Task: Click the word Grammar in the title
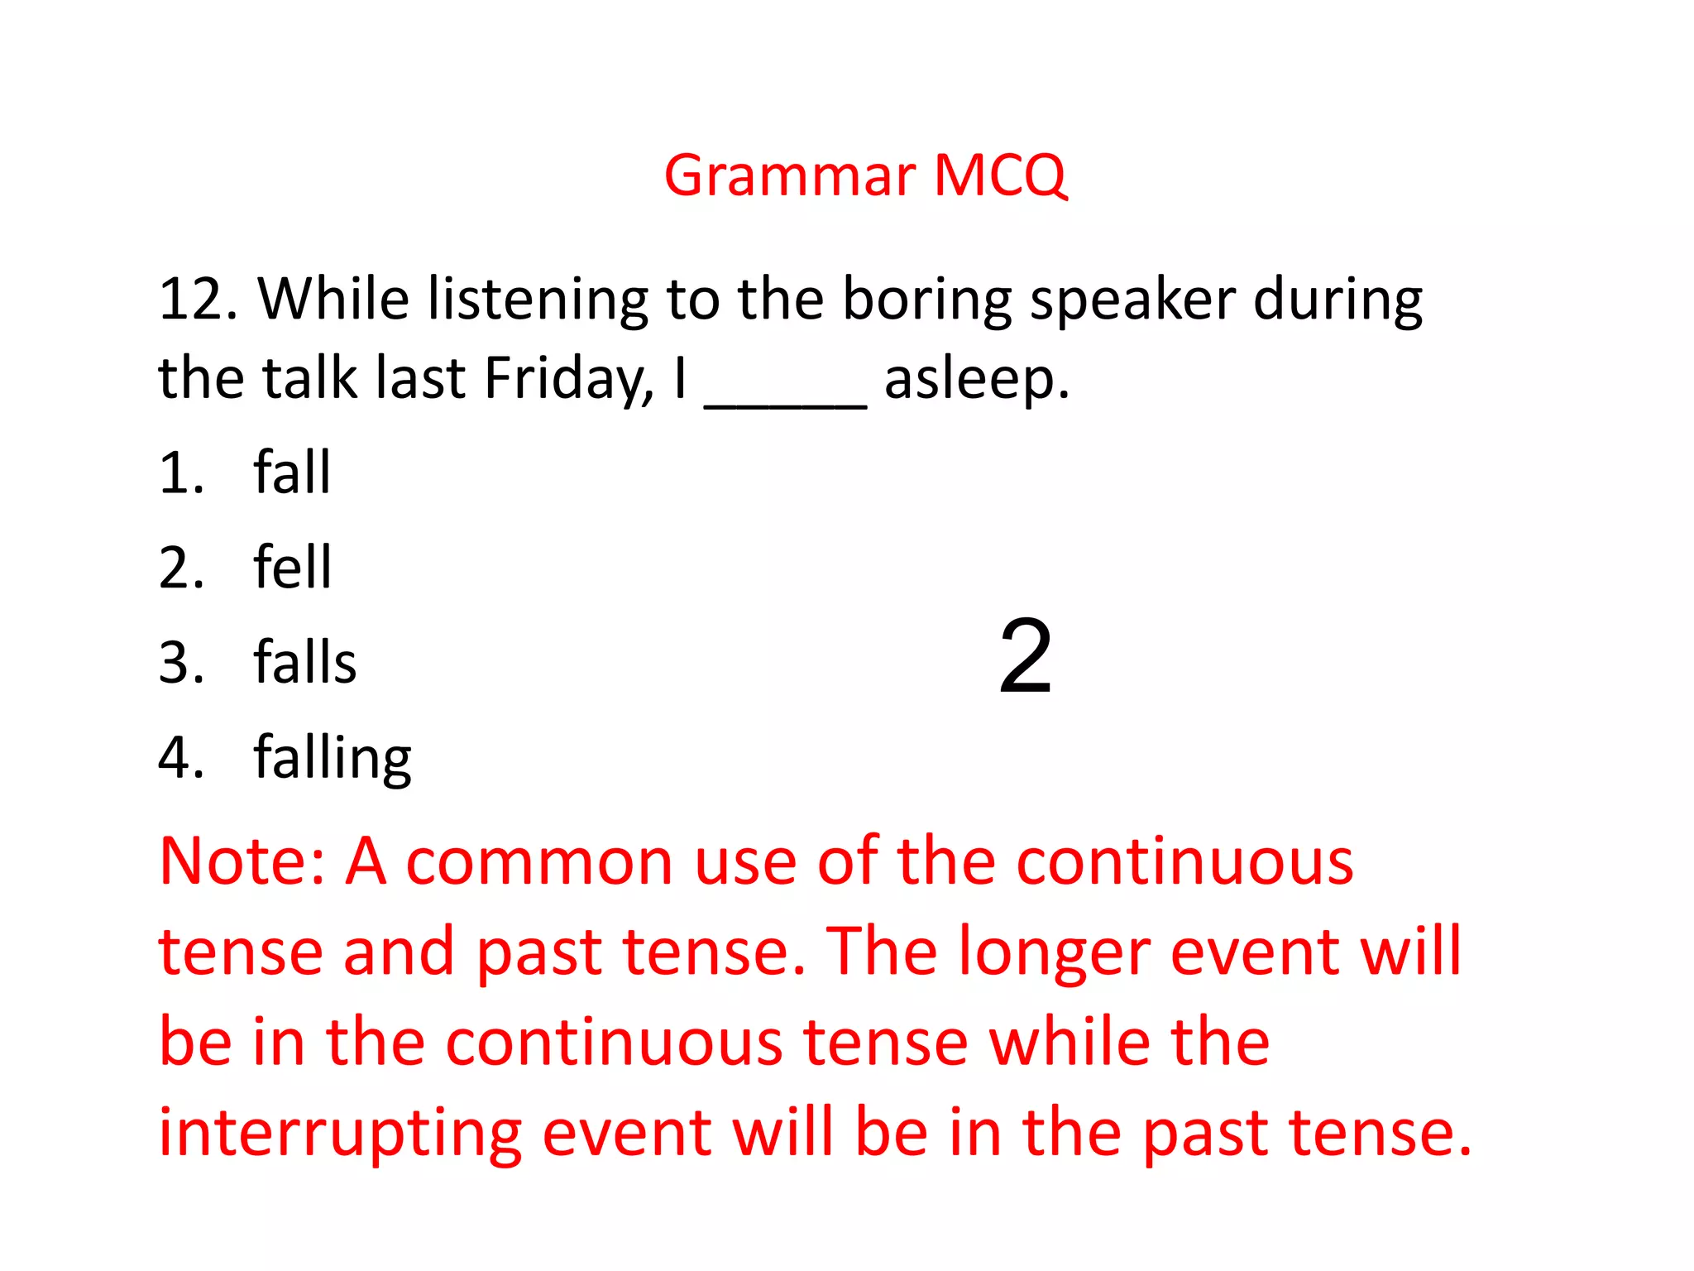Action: (x=790, y=176)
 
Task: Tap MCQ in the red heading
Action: (x=1000, y=176)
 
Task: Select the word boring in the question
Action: (x=926, y=300)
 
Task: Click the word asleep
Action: (x=976, y=379)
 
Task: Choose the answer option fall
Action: (x=292, y=472)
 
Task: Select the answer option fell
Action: (x=292, y=568)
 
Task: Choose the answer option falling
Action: (x=332, y=758)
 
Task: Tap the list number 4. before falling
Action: (x=180, y=758)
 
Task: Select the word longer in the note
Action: (x=1055, y=952)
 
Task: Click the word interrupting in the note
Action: (x=340, y=1133)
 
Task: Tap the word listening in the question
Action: (x=537, y=300)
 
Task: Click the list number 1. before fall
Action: (x=180, y=472)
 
